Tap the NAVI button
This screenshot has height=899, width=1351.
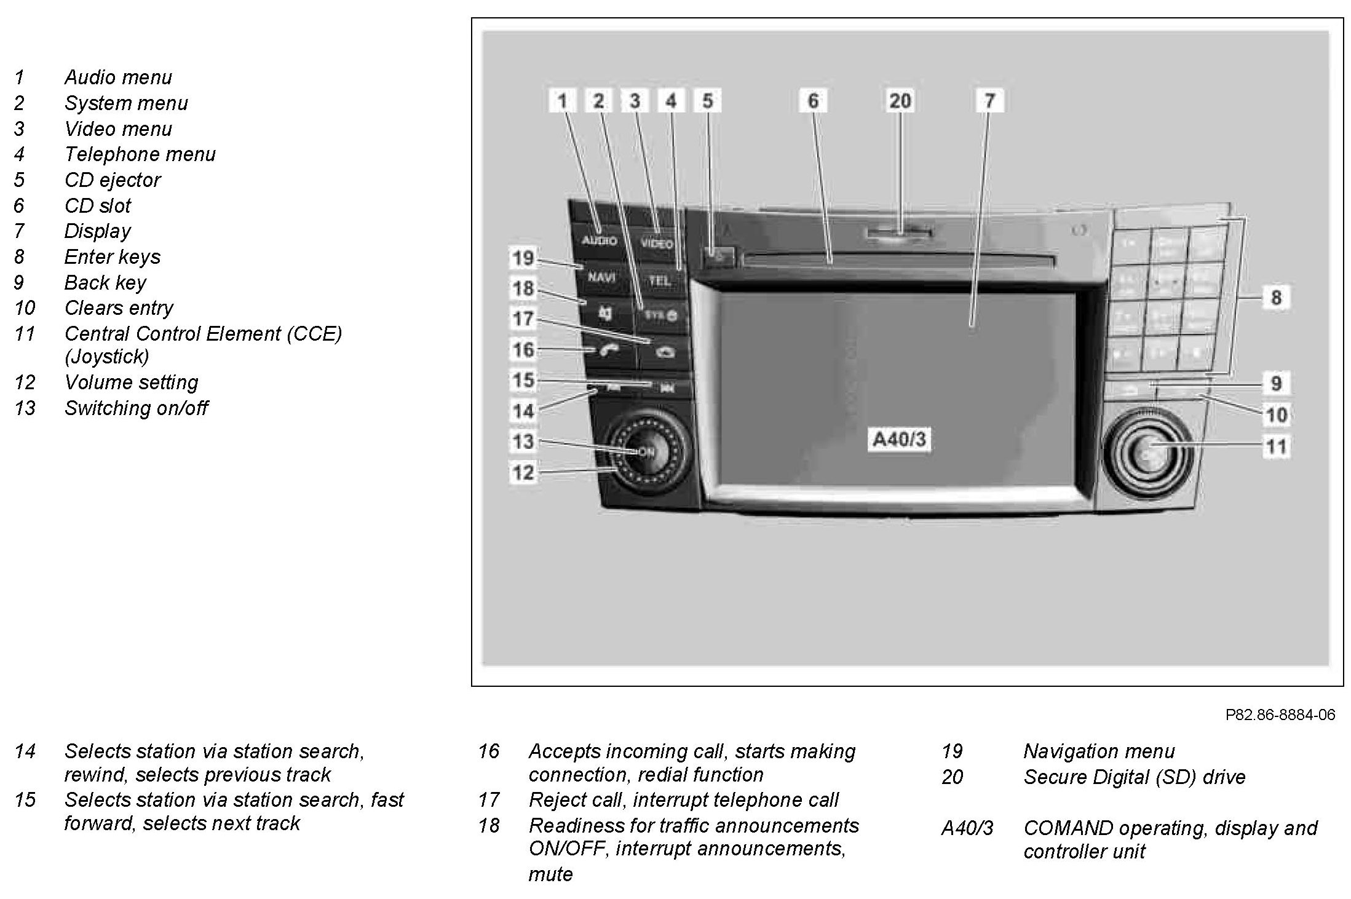tap(601, 277)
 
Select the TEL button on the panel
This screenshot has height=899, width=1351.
tap(660, 280)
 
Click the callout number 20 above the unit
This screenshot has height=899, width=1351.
tap(900, 101)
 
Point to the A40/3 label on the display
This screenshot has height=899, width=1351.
tap(899, 440)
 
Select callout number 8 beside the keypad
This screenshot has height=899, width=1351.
tap(1276, 298)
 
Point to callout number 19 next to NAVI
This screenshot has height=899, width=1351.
tap(523, 258)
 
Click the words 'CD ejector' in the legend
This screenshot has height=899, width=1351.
tap(113, 180)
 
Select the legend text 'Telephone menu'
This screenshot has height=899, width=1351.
tap(140, 154)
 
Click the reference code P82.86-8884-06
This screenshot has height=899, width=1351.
tap(1280, 715)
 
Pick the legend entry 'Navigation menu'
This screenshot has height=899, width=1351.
tap(1099, 751)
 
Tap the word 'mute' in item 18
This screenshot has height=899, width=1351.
tap(550, 874)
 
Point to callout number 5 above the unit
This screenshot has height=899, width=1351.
tap(708, 101)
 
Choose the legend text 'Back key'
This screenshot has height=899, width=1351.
tap(105, 283)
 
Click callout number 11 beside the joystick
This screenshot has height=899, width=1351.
tap(1276, 446)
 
